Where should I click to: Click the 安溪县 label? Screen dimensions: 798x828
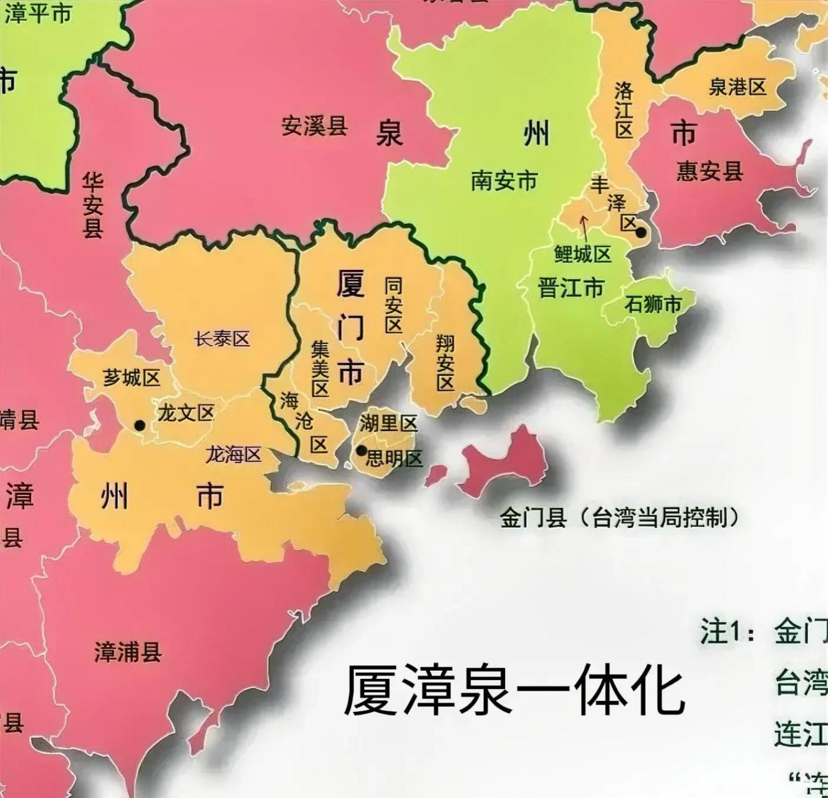click(314, 127)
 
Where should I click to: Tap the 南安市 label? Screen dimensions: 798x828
click(504, 181)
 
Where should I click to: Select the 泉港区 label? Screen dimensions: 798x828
click(737, 87)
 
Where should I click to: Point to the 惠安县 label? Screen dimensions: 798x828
click(710, 170)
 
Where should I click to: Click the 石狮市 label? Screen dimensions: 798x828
click(653, 305)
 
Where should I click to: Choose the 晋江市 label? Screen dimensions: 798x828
click(571, 289)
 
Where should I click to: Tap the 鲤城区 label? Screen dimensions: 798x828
click(582, 254)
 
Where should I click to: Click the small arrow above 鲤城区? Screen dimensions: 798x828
click(584, 228)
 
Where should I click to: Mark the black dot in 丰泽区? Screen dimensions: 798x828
click(641, 233)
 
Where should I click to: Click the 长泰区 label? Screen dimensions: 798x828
click(222, 339)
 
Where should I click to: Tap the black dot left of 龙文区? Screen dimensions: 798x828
click(140, 425)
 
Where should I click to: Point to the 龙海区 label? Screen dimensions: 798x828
click(233, 455)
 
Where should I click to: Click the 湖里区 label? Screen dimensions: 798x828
click(388, 424)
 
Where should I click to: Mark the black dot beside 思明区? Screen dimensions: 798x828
click(361, 450)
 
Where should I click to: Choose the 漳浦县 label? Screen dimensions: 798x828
click(128, 652)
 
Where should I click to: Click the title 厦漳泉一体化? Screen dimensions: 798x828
click(514, 691)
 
